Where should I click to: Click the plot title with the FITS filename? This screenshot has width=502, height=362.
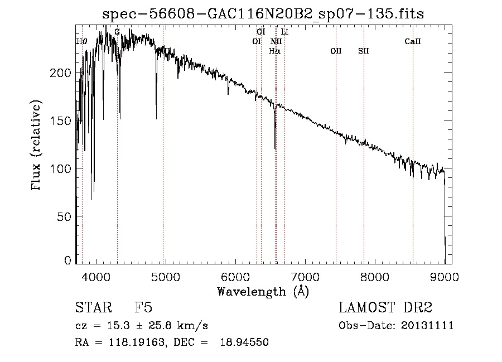point(263,15)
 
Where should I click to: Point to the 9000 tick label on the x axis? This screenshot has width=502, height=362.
point(445,277)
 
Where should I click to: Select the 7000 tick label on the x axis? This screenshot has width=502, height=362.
point(305,277)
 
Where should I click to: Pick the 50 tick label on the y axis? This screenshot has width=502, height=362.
point(66,216)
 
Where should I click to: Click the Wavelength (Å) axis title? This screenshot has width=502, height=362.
point(263,291)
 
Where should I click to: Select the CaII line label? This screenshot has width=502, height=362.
point(412,41)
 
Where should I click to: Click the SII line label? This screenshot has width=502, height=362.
point(364,51)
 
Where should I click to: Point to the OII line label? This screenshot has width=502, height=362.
point(335,51)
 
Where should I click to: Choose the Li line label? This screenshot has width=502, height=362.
point(284,32)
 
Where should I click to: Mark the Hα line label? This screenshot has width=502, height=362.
point(274,51)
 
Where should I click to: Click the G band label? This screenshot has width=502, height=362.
point(117,32)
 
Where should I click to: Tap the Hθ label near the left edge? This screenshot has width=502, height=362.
point(82,41)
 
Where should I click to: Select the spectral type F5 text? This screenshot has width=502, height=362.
point(143,308)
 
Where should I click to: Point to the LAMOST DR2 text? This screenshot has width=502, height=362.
point(385,308)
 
